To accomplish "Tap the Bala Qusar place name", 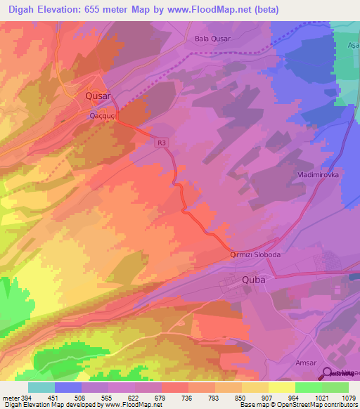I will click(213, 39).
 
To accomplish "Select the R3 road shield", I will click(162, 143).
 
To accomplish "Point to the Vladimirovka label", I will click(318, 172).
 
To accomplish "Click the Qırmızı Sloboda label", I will click(256, 257).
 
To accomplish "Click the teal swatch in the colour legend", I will click(41, 387).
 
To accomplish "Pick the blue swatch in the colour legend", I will click(67, 387).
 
